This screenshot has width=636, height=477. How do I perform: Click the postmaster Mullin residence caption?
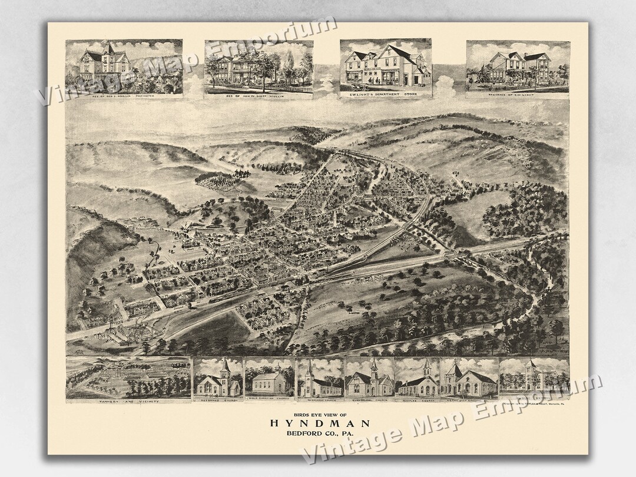tap(123, 96)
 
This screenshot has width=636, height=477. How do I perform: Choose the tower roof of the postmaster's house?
tap(110, 48)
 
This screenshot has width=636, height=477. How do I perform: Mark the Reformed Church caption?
tap(218, 400)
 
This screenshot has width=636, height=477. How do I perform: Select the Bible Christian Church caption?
tap(269, 400)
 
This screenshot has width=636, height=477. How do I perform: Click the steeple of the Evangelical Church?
tap(373, 366)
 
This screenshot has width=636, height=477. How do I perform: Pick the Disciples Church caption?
tap(417, 400)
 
